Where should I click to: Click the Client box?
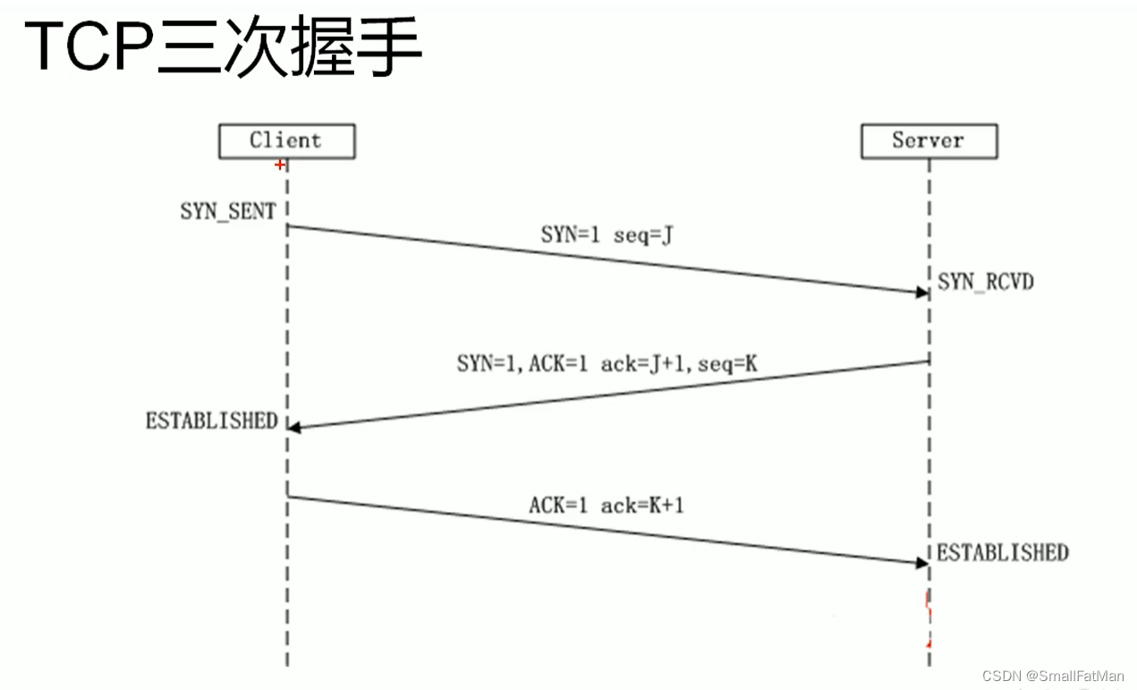pyautogui.click(x=285, y=141)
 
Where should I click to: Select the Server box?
pyautogui.click(x=928, y=141)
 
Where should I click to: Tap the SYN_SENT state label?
pyautogui.click(x=228, y=212)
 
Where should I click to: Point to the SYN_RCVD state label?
pyautogui.click(x=986, y=283)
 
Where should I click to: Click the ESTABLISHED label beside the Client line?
pyautogui.click(x=212, y=421)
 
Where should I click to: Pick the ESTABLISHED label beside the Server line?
pyautogui.click(x=1002, y=553)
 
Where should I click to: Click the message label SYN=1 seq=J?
pyautogui.click(x=607, y=235)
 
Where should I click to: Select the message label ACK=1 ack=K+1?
pyautogui.click(x=607, y=506)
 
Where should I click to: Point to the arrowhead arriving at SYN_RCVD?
pyautogui.click(x=921, y=293)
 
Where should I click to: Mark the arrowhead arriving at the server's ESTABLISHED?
pyautogui.click(x=921, y=563)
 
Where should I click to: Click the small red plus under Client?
pyautogui.click(x=280, y=165)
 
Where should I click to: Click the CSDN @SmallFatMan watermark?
pyautogui.click(x=1052, y=676)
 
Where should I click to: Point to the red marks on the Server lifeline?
pyautogui.click(x=929, y=618)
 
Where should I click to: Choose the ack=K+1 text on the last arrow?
pyautogui.click(x=642, y=506)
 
